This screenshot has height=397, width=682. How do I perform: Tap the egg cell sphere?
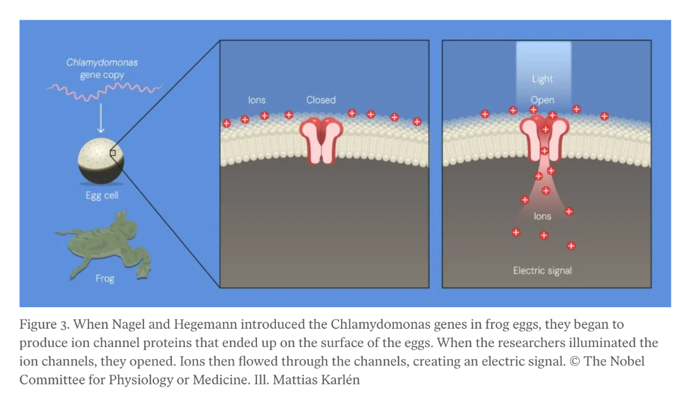100,161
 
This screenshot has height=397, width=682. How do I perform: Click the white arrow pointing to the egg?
100,118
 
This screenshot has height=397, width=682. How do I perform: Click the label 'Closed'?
321,100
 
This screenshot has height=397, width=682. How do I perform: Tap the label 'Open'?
542,100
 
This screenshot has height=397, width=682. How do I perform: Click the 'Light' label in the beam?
542,79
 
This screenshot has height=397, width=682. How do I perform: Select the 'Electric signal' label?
542,271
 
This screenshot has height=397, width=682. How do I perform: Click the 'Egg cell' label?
102,195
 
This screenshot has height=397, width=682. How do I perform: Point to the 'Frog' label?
105,279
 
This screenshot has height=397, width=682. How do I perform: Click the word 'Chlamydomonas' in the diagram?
102,63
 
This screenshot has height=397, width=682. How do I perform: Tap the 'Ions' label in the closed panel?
256,100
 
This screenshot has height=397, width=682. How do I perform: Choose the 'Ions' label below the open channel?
542,216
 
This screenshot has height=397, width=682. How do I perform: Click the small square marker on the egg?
112,153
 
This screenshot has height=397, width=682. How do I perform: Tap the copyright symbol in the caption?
575,362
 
